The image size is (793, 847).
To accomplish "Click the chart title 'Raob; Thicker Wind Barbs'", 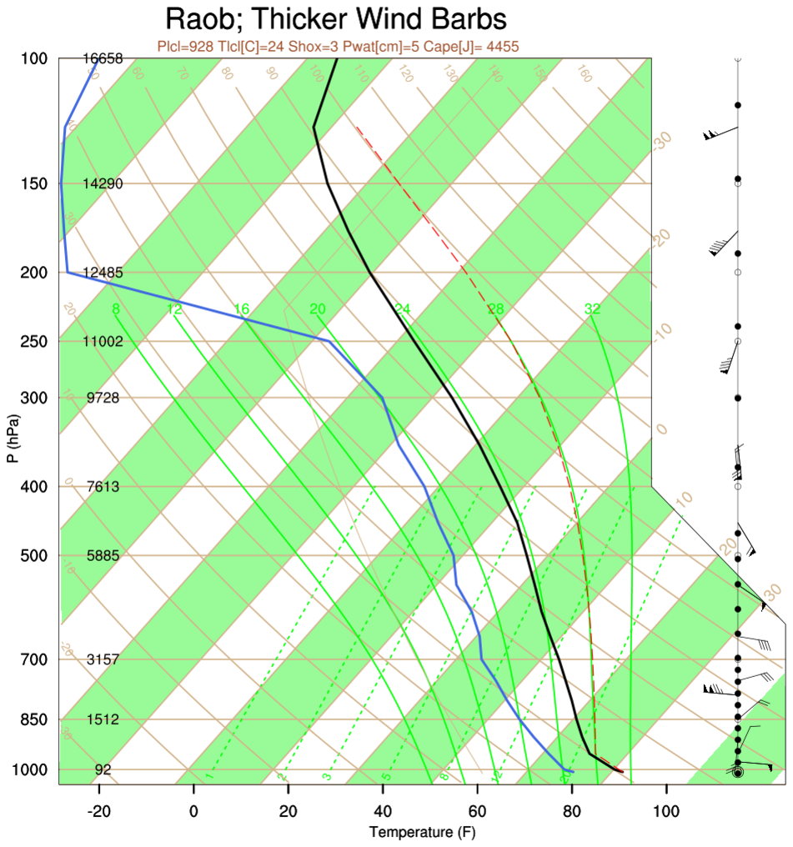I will pyautogui.click(x=336, y=19).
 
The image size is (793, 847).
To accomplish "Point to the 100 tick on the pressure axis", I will pyautogui.click(x=36, y=58).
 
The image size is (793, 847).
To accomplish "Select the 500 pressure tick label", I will pyautogui.click(x=36, y=555).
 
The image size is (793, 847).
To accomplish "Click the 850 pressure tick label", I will pyautogui.click(x=36, y=719).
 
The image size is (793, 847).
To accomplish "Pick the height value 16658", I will pyautogui.click(x=103, y=58).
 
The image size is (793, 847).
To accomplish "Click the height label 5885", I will pyautogui.click(x=103, y=555).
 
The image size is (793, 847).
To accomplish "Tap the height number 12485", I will pyautogui.click(x=103, y=273).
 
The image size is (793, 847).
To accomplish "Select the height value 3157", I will pyautogui.click(x=103, y=659).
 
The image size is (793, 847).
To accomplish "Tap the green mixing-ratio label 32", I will pyautogui.click(x=592, y=309).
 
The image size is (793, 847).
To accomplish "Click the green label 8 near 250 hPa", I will pyautogui.click(x=116, y=309).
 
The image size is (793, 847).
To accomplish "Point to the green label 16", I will pyautogui.click(x=242, y=309).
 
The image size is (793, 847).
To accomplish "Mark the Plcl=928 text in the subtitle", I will pyautogui.click(x=184, y=47).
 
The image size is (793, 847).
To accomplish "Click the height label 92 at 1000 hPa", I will pyautogui.click(x=103, y=769).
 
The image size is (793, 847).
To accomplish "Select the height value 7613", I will pyautogui.click(x=103, y=486).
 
